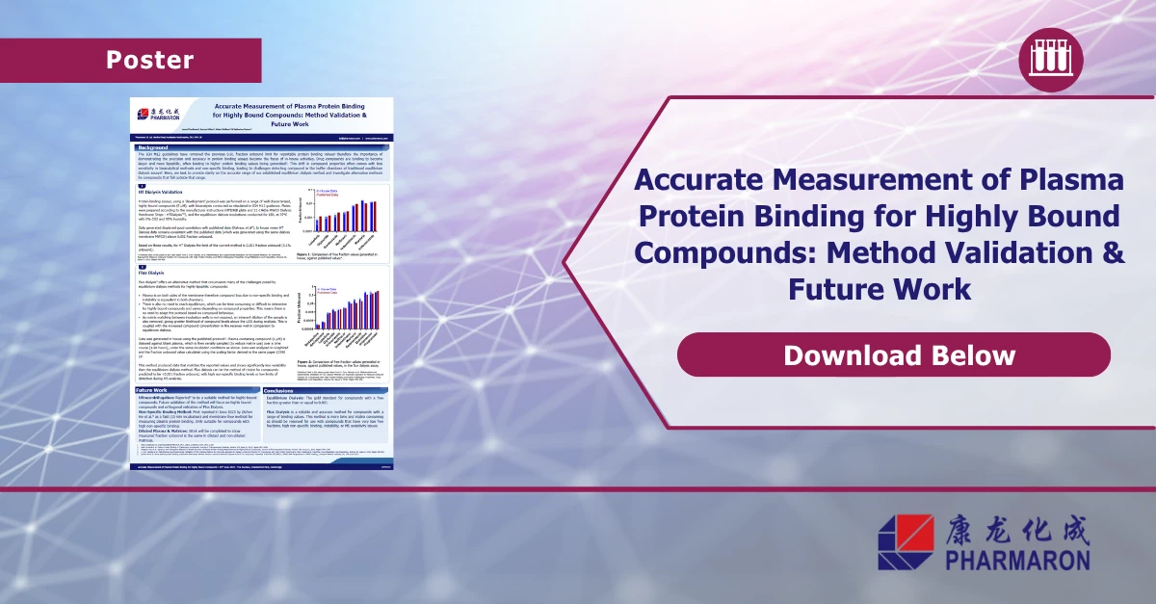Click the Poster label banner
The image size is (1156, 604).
[x=149, y=60]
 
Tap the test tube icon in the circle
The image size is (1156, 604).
[x=1044, y=58]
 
